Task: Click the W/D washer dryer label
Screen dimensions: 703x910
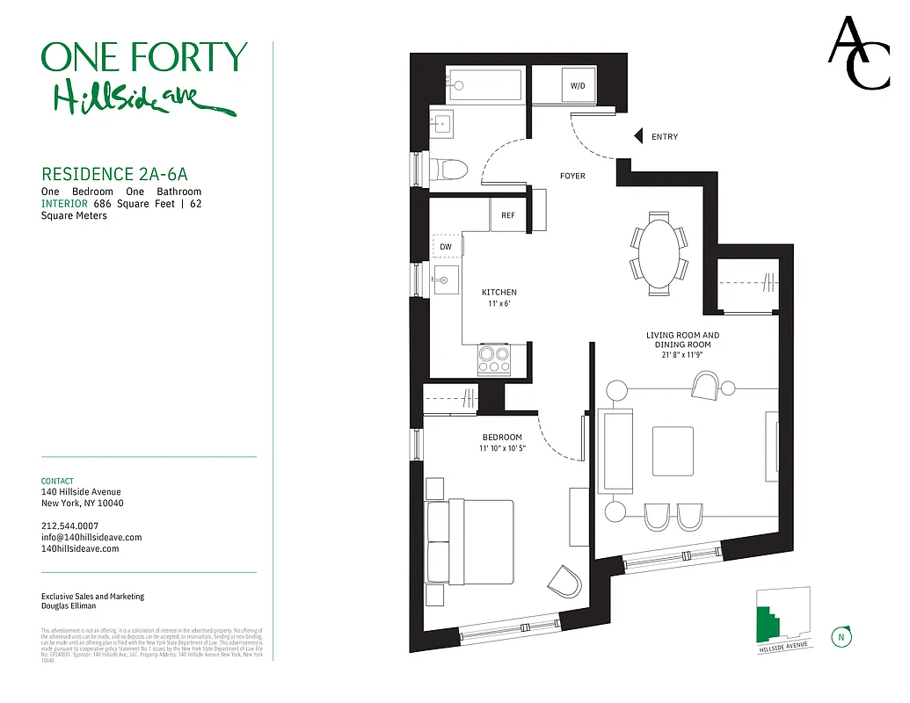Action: (578, 86)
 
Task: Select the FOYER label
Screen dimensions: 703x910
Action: (572, 176)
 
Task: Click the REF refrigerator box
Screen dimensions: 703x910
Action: (507, 215)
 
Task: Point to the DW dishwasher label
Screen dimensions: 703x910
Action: (446, 247)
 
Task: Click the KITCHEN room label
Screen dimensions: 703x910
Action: (499, 293)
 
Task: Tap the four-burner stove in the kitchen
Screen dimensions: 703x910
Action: (493, 359)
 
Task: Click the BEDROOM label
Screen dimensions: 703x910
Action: (502, 438)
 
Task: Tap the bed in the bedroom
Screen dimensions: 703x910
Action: (470, 541)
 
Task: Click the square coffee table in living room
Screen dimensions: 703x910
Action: (673, 450)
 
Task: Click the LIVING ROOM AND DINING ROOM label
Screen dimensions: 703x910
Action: (682, 340)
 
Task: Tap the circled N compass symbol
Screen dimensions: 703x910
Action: (841, 637)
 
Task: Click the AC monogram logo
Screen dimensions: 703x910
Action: (859, 54)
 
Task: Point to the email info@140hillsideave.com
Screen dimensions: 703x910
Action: (91, 537)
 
